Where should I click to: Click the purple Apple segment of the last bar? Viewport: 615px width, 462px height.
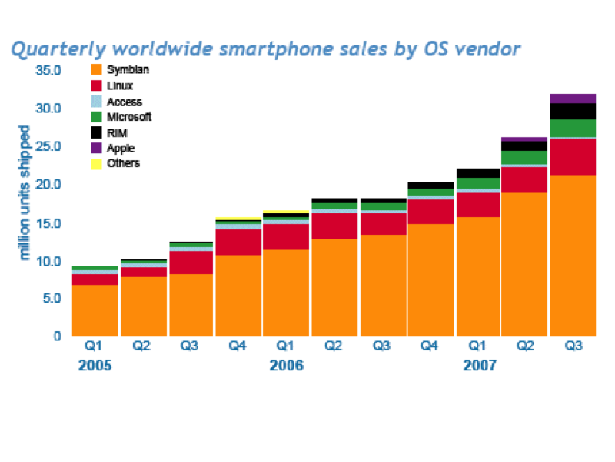[x=573, y=98]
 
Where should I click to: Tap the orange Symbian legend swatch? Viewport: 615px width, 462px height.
[x=96, y=70]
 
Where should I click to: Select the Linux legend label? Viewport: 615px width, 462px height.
[x=120, y=85]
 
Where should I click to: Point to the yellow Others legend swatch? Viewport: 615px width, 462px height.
[x=96, y=163]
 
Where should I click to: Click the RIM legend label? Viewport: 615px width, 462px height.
[x=117, y=132]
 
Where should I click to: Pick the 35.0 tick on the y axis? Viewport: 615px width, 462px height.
[x=47, y=71]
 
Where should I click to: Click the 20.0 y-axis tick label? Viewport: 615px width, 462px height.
[x=47, y=185]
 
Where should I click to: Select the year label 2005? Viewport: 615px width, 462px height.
[x=95, y=367]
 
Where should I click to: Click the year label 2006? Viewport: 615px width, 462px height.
[x=286, y=367]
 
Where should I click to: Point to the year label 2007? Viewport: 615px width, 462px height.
[x=480, y=367]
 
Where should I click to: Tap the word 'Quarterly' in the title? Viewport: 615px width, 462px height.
[x=58, y=50]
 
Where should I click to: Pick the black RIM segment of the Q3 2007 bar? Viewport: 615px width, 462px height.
[x=573, y=111]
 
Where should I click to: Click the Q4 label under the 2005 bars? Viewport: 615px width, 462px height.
[x=238, y=346]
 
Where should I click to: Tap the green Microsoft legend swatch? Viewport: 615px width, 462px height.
[x=96, y=117]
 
